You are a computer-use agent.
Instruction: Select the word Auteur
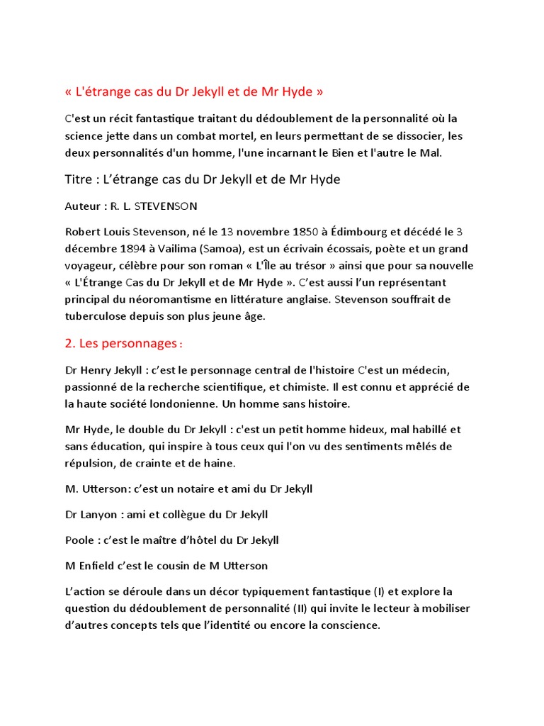pyautogui.click(x=82, y=207)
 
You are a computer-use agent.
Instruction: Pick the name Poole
pyautogui.click(x=79, y=540)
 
